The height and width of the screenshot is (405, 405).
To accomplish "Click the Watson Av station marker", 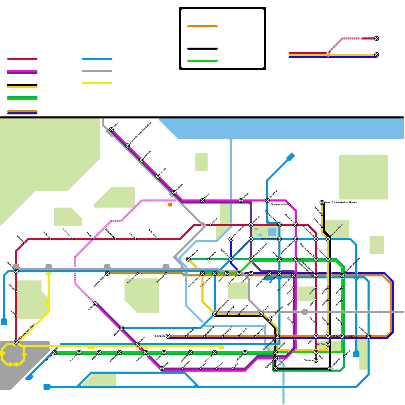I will pyautogui.click(x=188, y=259).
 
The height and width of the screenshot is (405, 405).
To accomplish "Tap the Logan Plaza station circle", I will pyautogui.click(x=322, y=202).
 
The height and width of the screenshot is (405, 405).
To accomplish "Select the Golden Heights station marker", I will pyautogui.click(x=107, y=273).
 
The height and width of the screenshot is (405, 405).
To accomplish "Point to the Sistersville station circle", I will pyautogui.click(x=168, y=336).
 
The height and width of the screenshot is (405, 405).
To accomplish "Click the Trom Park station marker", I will pyautogui.click(x=328, y=344).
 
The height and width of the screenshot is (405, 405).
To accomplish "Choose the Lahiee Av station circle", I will pyautogui.click(x=369, y=336).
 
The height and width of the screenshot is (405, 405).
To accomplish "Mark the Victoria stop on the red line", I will pyautogui.click(x=210, y=225).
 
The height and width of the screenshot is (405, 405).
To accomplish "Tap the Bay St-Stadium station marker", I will pyautogui.click(x=231, y=239).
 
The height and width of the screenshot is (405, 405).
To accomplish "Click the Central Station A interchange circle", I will pyautogui.click(x=215, y=314).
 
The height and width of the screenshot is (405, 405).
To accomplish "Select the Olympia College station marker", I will pyautogui.click(x=269, y=320).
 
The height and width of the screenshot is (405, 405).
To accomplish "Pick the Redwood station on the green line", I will pyautogui.click(x=55, y=352).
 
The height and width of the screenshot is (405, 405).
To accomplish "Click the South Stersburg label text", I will pyautogui.click(x=268, y=239).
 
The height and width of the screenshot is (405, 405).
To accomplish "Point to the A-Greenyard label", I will pyautogui.click(x=352, y=336).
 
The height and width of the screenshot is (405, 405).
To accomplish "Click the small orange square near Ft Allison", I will pyautogui.click(x=170, y=205).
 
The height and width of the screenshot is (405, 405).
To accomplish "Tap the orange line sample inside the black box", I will pyautogui.click(x=202, y=26).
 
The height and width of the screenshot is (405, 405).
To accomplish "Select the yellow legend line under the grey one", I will pyautogui.click(x=97, y=83).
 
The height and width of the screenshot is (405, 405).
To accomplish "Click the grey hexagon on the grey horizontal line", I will pyautogui.click(x=305, y=312).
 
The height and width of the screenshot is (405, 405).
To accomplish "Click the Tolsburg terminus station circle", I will pyautogui.click(x=316, y=360).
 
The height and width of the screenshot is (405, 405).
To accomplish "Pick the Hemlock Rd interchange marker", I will pyautogui.click(x=231, y=259).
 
